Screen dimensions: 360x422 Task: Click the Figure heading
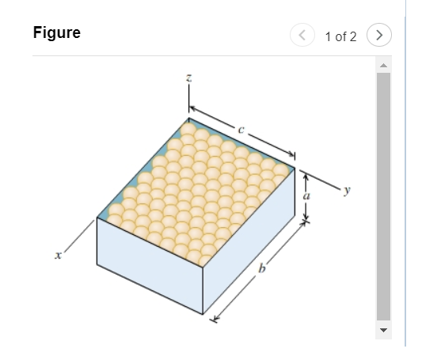[56, 34]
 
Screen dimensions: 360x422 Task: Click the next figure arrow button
[382, 36]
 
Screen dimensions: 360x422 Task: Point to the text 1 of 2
[340, 36]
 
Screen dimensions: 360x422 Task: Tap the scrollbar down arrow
[383, 329]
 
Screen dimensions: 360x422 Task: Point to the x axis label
[58, 256]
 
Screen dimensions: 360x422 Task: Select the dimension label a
[307, 194]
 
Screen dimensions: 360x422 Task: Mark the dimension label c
[241, 126]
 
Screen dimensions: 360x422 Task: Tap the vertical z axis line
[188, 100]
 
